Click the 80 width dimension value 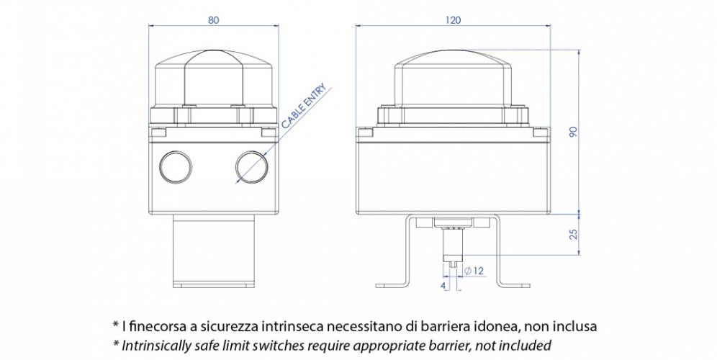(214, 20)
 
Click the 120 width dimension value (453, 20)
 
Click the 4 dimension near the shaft (443, 286)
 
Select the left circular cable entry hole (174, 166)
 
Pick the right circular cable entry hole (251, 166)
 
